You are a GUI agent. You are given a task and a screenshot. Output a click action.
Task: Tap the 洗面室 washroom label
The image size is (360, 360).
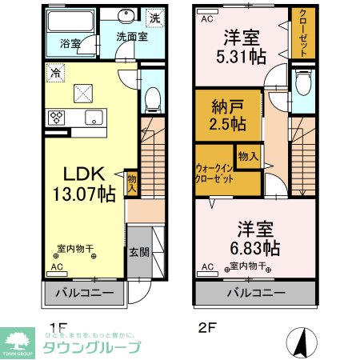pos(131,36)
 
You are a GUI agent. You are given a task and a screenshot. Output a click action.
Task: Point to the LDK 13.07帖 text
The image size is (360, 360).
pos(82,182)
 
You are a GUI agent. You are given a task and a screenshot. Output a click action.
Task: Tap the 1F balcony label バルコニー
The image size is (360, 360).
pos(85,293)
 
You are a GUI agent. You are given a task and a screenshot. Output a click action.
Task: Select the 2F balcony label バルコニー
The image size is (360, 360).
pos(255,293)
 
